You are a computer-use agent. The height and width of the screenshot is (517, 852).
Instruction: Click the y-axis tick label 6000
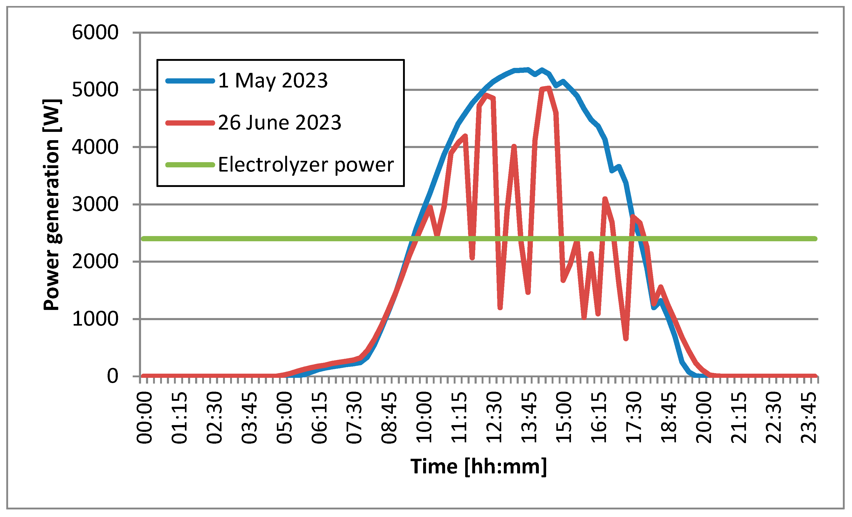pos(95,33)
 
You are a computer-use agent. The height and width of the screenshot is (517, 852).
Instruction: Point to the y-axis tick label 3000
pos(95,205)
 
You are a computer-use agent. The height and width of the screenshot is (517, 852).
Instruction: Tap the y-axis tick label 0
pos(112,376)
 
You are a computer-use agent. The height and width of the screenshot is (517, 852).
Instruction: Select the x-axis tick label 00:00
pos(144,418)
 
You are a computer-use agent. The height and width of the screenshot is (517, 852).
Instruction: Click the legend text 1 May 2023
pos(273,81)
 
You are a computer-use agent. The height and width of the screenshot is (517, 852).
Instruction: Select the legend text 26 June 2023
pos(280,123)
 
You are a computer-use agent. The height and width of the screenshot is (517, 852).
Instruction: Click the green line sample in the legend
pos(190,165)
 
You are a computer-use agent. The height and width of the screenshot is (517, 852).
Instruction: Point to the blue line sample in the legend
pos(190,81)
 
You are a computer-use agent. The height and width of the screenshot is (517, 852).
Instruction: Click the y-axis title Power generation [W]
pos(52,205)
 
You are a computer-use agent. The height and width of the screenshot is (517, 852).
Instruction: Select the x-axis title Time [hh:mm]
pos(478,467)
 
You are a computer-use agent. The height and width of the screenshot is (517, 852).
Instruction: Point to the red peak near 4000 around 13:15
pos(514,146)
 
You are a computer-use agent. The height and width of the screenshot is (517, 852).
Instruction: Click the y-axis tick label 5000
pos(95,90)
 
